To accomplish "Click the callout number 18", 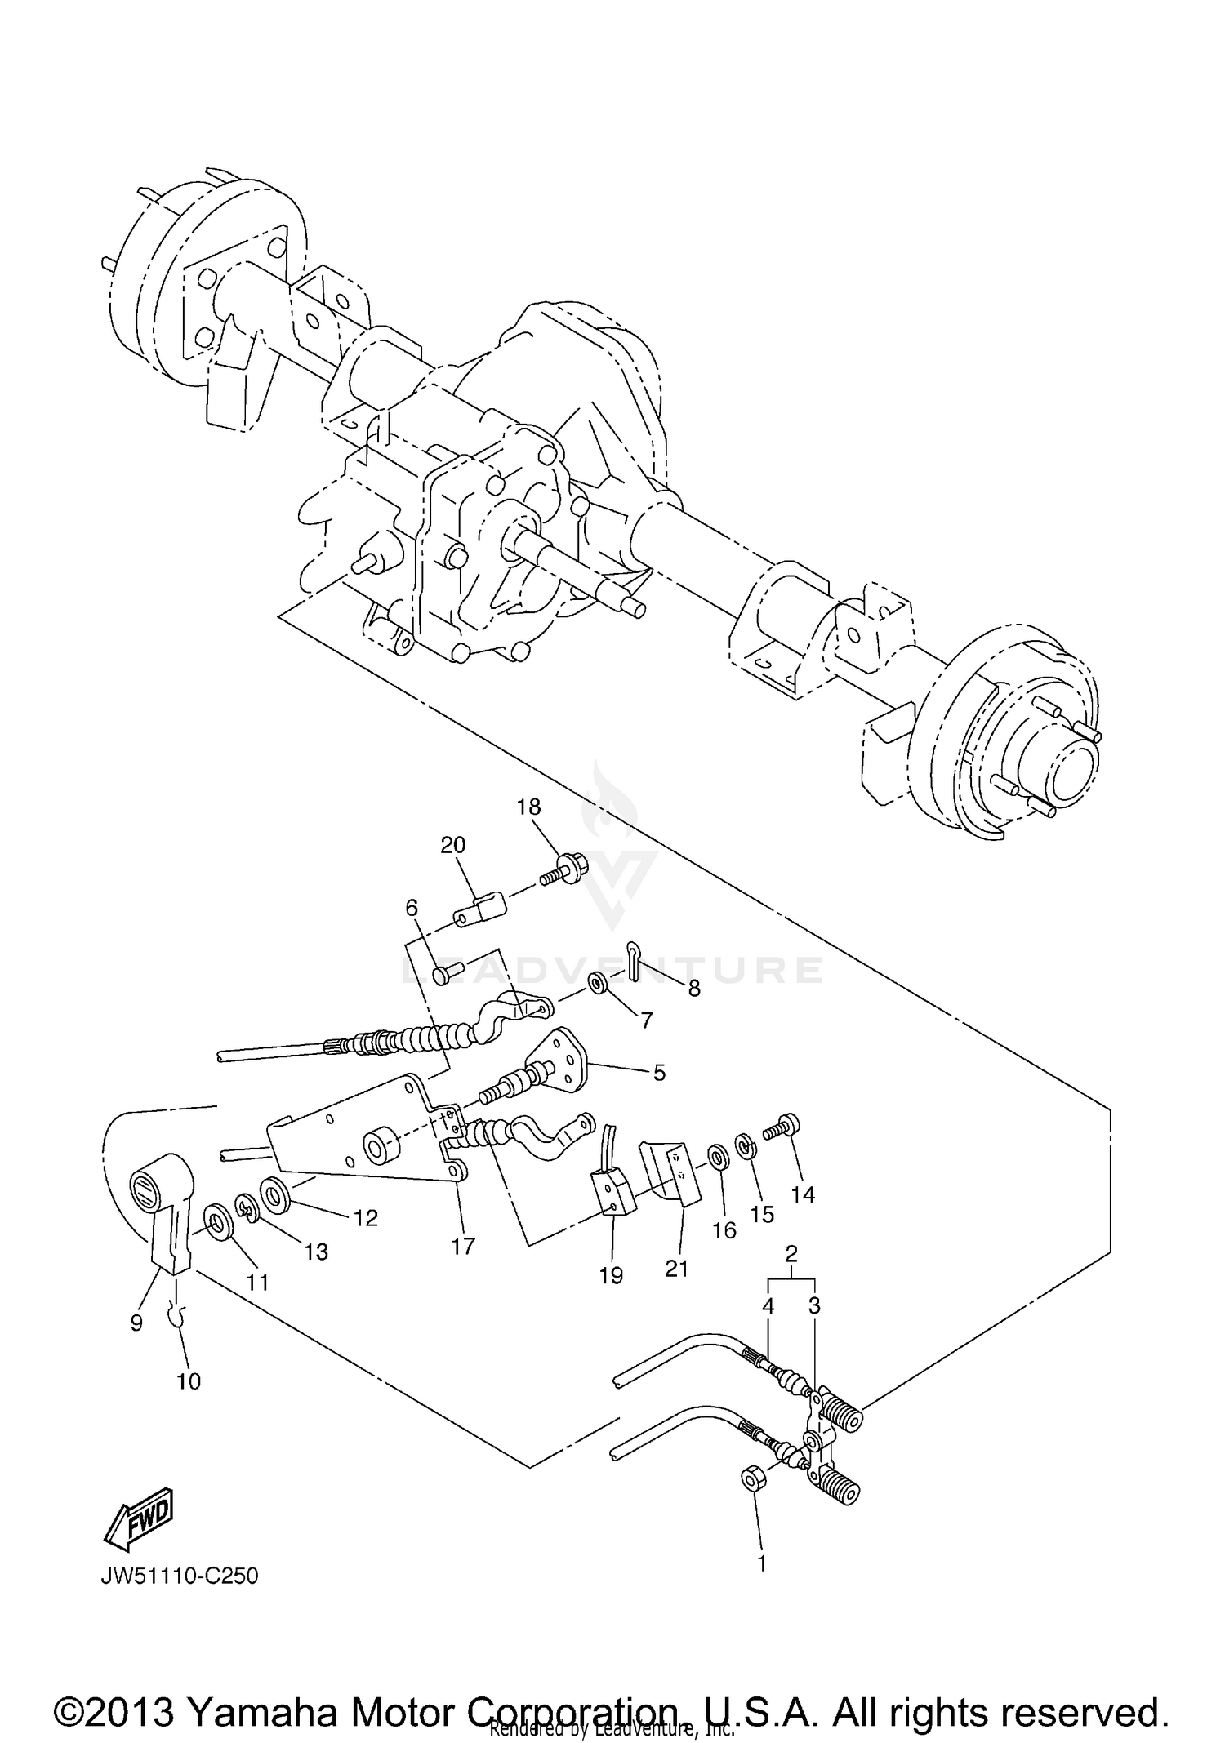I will point(528,807).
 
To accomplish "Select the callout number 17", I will point(463,1247).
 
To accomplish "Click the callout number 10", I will point(189,1381).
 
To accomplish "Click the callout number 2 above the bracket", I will point(791,1253).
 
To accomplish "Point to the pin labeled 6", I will point(446,972).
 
